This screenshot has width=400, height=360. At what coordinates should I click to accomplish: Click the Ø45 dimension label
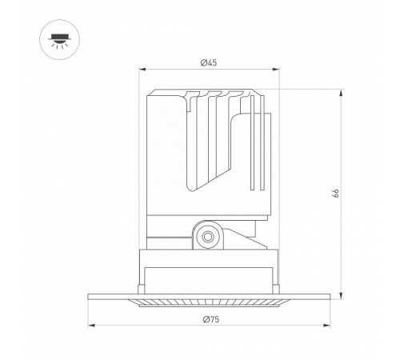tap(209, 63)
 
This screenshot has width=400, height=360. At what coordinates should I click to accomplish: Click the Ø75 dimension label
tap(211, 319)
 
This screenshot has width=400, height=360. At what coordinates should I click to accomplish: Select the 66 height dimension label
tap(336, 193)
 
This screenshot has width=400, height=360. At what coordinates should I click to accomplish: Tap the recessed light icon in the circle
tap(60, 41)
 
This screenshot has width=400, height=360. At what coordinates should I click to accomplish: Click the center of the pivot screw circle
tap(207, 236)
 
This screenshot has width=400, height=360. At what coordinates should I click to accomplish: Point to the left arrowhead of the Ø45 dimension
tap(142, 70)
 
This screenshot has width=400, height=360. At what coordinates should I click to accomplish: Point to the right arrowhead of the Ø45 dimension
tap(276, 70)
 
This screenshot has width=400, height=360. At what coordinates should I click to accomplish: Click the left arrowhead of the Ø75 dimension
tap(91, 326)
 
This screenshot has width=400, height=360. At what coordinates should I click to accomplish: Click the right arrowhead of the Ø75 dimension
tap(326, 326)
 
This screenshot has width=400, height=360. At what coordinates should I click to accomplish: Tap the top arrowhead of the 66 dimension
tap(341, 94)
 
